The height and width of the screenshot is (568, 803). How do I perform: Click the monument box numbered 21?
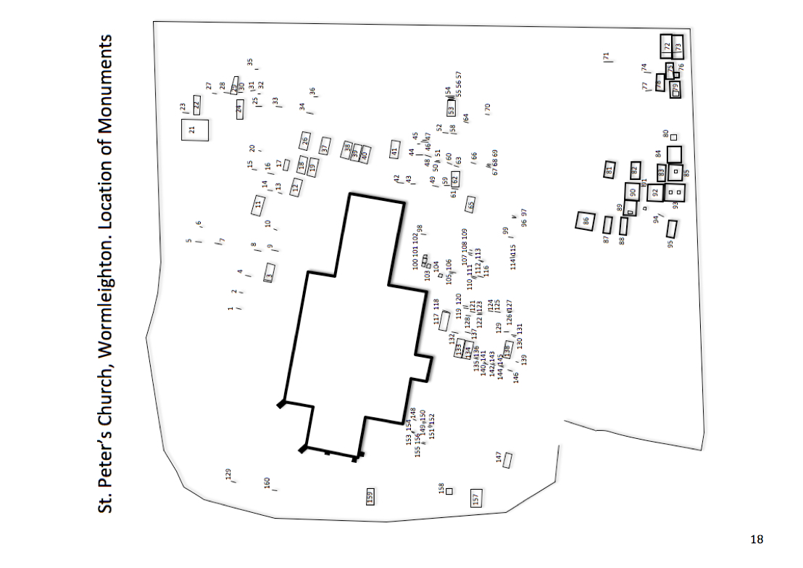tap(194, 130)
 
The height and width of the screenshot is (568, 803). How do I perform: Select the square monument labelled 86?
tap(586, 221)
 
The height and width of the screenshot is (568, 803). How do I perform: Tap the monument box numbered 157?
tap(476, 498)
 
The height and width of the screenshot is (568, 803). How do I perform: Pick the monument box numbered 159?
tap(370, 496)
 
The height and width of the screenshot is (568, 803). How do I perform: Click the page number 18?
tap(757, 539)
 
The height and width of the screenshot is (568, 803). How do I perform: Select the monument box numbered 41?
tap(395, 150)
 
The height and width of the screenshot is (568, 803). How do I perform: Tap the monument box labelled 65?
tap(470, 205)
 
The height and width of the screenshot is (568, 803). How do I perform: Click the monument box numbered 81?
tap(609, 170)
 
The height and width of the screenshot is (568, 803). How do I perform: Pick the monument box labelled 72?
tap(667, 46)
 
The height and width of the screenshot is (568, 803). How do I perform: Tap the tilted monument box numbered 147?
tap(507, 460)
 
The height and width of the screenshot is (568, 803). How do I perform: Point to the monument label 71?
tap(606, 57)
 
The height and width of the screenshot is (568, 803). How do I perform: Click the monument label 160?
tap(267, 482)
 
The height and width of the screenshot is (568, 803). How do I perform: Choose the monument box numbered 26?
tap(305, 141)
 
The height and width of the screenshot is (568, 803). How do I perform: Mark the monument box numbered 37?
tap(325, 146)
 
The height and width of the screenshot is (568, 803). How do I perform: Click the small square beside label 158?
tap(449, 491)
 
